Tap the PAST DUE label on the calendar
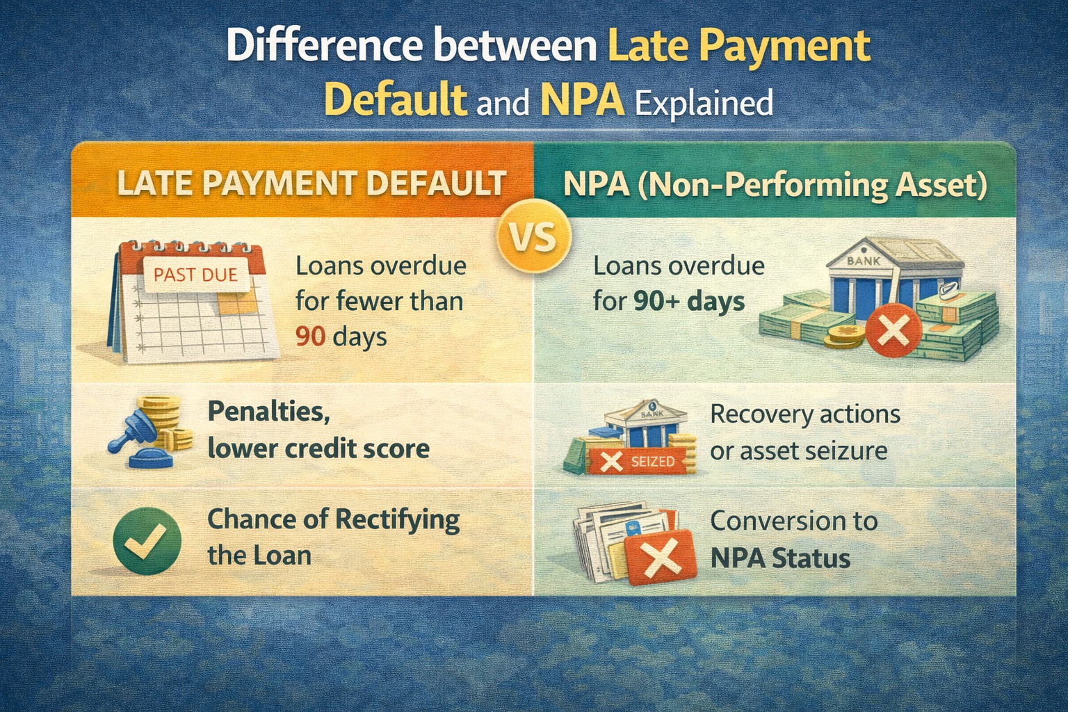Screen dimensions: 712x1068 pyautogui.click(x=195, y=275)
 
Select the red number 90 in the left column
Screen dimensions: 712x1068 pyautogui.click(x=311, y=337)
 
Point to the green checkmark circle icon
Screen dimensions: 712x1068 pyautogui.click(x=147, y=540)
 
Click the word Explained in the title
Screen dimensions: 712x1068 pyautogui.click(x=704, y=104)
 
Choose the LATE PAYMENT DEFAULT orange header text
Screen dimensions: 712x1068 pyautogui.click(x=311, y=184)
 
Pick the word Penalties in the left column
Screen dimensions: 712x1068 pyautogui.click(x=268, y=412)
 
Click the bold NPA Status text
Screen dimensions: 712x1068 pyautogui.click(x=780, y=558)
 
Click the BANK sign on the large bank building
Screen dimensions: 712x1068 pyautogui.click(x=864, y=261)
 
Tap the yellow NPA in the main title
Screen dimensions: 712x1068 pyautogui.click(x=581, y=101)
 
